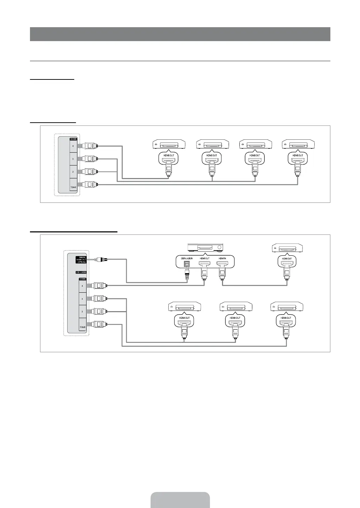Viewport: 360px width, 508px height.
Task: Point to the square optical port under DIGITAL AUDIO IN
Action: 187,265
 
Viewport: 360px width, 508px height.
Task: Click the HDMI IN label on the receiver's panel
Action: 222,258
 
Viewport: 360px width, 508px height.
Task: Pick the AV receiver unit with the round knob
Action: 205,248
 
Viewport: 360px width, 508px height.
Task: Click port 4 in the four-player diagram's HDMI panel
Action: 72,146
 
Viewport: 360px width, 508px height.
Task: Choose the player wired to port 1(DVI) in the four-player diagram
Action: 298,144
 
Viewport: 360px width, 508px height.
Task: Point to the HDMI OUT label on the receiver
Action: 205,258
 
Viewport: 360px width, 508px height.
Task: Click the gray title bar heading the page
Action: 180,34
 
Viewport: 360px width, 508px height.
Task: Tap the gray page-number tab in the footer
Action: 180,500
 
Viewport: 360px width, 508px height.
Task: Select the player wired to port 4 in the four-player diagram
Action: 169,144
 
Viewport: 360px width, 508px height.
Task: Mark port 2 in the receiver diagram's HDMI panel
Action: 82,311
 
